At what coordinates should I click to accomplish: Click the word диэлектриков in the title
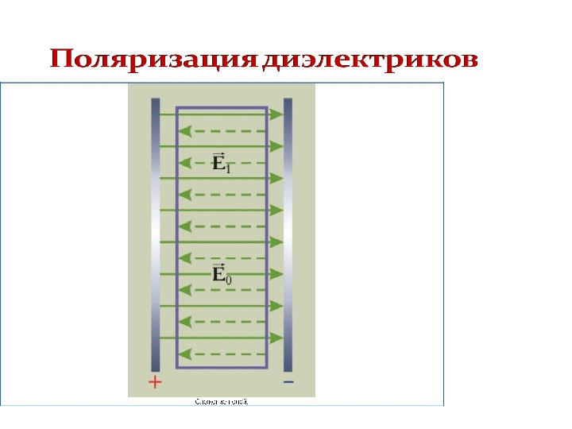[371, 60]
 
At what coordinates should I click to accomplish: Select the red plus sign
[155, 383]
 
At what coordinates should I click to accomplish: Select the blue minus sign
[288, 382]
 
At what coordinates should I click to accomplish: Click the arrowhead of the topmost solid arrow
[276, 114]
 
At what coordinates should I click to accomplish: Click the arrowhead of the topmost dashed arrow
[184, 130]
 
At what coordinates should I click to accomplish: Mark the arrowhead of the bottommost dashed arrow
[184, 354]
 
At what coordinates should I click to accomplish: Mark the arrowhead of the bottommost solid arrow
[276, 338]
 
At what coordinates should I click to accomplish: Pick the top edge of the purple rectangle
[222, 107]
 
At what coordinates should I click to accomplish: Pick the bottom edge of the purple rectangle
[222, 369]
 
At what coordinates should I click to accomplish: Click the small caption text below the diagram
[222, 402]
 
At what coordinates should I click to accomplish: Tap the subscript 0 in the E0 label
[229, 278]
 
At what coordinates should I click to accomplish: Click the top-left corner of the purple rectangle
[176, 107]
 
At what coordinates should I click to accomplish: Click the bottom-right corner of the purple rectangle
[267, 369]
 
